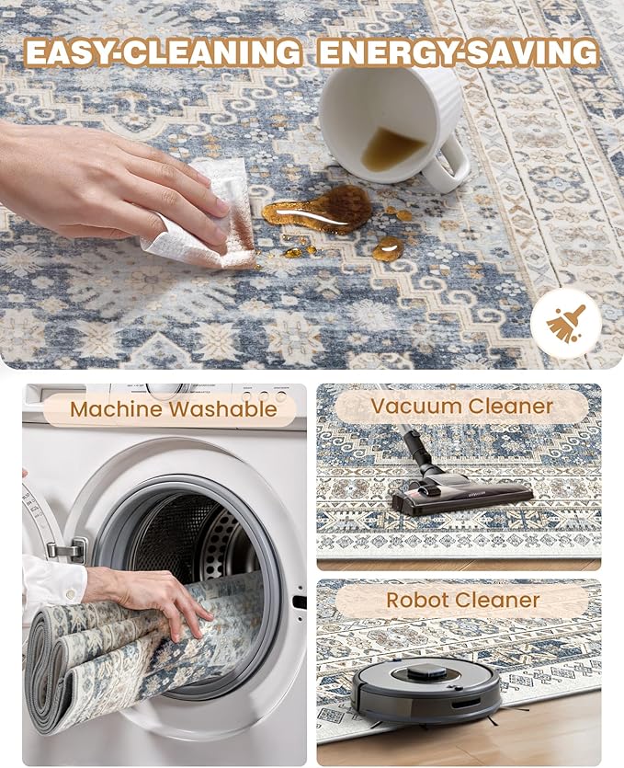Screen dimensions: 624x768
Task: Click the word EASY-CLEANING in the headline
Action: [x=163, y=52]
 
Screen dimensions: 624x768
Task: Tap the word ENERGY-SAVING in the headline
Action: [x=458, y=52]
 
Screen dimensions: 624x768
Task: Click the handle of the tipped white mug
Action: [x=448, y=165]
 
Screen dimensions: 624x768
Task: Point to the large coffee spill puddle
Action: [x=318, y=210]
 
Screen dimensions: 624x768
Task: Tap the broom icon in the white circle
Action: [x=566, y=323]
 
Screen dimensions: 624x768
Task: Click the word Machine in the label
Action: [x=117, y=409]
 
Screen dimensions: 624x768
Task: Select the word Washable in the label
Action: [x=224, y=409]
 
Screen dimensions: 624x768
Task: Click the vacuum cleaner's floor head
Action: [x=461, y=494]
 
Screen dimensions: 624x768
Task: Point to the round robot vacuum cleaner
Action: [x=425, y=689]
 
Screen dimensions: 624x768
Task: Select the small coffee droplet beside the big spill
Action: [x=388, y=249]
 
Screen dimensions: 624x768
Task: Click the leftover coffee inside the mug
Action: [x=391, y=149]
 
